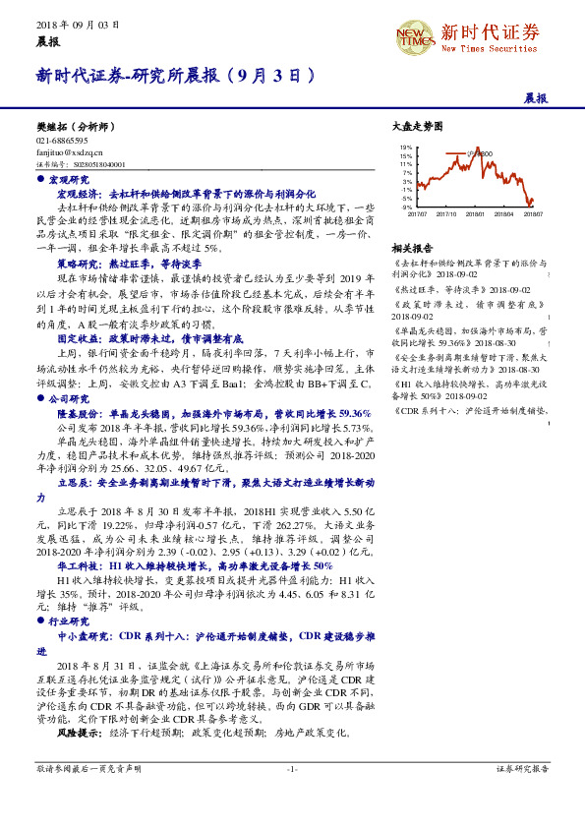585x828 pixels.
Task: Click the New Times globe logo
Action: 414,37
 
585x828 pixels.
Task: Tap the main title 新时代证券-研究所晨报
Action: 176,74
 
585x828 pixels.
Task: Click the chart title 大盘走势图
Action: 411,127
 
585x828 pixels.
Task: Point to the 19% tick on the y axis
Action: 406,148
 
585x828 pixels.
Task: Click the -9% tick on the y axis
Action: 406,207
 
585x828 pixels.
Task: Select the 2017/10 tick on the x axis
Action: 445,213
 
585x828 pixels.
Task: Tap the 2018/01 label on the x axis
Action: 475,213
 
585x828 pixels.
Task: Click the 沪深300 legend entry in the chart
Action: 479,153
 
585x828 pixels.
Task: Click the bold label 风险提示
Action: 79,733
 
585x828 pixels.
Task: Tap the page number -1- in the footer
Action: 292,768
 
